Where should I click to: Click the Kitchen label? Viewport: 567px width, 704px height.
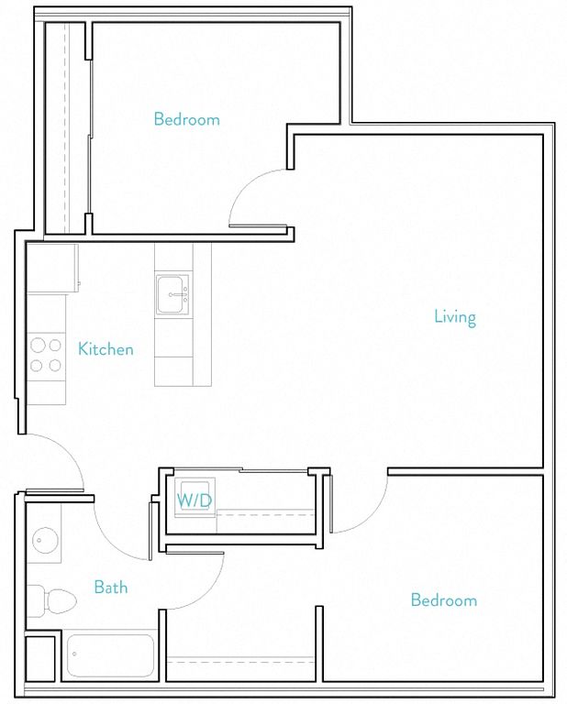click(x=106, y=349)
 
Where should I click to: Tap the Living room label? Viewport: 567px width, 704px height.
click(x=455, y=317)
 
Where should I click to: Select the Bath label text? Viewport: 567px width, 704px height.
click(x=110, y=587)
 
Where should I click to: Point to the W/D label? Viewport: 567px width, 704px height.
click(x=195, y=500)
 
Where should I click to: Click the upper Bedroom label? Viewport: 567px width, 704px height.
click(x=186, y=119)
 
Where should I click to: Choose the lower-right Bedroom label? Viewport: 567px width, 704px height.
click(x=443, y=600)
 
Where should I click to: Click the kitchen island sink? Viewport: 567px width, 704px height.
click(x=172, y=294)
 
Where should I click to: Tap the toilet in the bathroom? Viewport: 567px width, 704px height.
click(x=52, y=600)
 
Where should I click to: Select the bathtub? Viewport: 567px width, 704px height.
click(x=109, y=655)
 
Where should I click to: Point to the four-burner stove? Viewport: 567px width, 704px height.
click(x=46, y=356)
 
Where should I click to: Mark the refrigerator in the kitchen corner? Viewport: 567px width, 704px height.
click(x=52, y=268)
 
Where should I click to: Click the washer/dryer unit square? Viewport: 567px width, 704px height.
click(x=195, y=497)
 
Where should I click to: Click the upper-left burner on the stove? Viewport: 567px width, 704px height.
click(x=37, y=346)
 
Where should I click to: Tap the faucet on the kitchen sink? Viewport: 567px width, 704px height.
click(x=179, y=294)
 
